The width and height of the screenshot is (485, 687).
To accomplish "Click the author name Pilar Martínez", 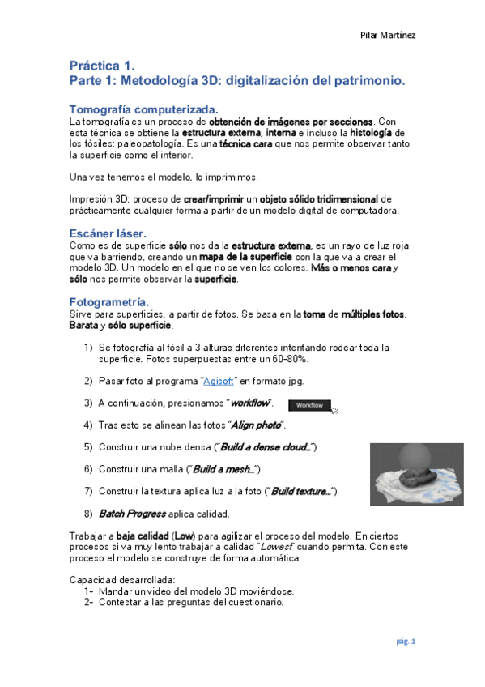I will tap(388, 35).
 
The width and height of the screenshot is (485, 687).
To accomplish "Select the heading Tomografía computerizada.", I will tap(143, 109).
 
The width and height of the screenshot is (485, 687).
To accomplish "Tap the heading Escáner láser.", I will tap(108, 233).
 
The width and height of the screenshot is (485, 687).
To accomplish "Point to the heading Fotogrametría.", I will tap(109, 302).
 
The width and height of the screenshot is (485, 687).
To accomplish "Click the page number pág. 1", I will tap(405, 642).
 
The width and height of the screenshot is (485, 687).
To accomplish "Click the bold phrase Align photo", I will tap(257, 425).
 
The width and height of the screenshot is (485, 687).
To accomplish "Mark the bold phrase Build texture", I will tap(302, 491).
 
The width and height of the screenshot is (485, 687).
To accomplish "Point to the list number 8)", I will tap(88, 514).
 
